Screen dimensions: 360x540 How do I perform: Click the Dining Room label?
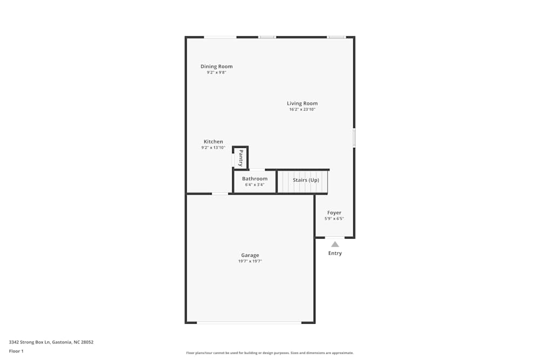tap(217, 66)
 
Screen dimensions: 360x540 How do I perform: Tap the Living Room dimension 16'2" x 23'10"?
tap(302, 110)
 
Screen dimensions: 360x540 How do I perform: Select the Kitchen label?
tap(213, 142)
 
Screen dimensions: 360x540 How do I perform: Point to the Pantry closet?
tap(240, 158)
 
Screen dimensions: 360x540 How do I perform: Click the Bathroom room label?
tap(254, 179)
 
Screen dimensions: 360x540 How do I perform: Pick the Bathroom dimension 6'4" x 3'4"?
tap(254, 185)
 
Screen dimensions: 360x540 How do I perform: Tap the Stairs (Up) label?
tap(306, 180)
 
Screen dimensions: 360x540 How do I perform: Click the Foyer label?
tap(334, 213)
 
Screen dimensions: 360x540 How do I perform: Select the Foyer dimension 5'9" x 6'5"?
tap(334, 219)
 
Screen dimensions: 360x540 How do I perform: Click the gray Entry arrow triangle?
tap(335, 244)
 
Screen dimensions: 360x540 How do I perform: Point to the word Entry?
tap(335, 253)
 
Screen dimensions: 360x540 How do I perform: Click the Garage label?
tap(250, 255)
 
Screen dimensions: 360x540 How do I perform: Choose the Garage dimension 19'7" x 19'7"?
tap(250, 261)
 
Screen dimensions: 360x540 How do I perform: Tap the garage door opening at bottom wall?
tap(249, 323)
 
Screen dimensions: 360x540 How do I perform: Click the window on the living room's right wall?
tap(354, 137)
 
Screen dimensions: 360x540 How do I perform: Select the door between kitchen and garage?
tap(220, 193)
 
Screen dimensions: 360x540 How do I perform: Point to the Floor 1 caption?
tap(16, 351)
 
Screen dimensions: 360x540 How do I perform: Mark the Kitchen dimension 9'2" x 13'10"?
tap(213, 148)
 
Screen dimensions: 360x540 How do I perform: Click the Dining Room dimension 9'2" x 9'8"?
tap(217, 72)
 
